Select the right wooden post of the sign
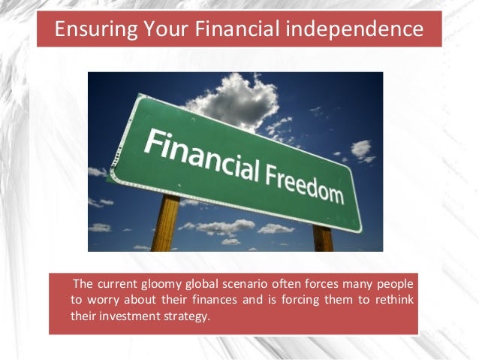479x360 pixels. [322, 238]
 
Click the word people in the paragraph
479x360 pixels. [392, 284]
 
